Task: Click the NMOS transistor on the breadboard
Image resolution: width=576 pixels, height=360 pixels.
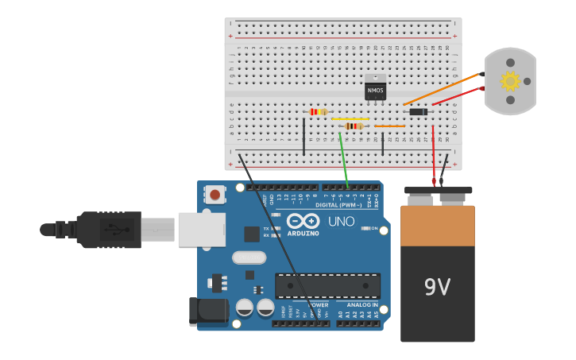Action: [375, 90]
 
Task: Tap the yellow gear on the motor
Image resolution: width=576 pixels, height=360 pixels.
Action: [509, 80]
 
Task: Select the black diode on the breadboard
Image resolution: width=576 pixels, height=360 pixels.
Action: [418, 112]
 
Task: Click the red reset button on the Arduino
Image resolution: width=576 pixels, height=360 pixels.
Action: [215, 194]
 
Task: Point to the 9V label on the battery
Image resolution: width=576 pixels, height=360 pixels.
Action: [437, 287]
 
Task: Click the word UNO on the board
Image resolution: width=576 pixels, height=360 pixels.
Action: [341, 222]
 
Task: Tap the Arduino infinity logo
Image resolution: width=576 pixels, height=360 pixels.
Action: [303, 221]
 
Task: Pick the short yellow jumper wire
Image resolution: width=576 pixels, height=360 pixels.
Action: [350, 119]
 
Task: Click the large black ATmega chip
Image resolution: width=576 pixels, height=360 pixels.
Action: [327, 285]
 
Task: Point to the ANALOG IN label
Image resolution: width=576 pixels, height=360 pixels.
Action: [362, 304]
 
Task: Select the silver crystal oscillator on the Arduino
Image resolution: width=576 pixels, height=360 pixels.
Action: [249, 257]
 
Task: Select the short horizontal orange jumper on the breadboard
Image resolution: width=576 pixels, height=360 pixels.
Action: [389, 126]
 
